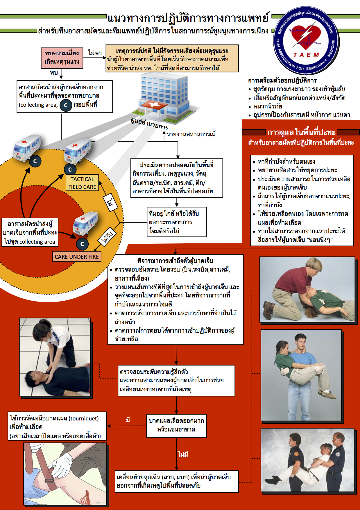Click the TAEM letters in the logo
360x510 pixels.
coord(306,55)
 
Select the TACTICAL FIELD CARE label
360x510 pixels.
coord(82,183)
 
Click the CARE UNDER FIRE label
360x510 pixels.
coord(77,257)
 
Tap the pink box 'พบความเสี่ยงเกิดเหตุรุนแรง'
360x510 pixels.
coord(62,58)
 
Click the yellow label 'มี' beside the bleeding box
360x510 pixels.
coord(128,420)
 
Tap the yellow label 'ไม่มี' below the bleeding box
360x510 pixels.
coord(183,454)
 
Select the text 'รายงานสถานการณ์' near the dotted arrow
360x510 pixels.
coord(191,134)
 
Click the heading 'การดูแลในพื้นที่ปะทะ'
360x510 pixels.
coord(301,133)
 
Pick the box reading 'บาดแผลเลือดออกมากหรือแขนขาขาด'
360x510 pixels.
coord(176,425)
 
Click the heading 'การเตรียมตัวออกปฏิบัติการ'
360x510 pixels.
coord(282,81)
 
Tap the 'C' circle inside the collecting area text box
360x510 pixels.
coord(66,105)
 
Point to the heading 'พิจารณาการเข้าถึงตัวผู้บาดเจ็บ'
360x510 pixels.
coord(175,261)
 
